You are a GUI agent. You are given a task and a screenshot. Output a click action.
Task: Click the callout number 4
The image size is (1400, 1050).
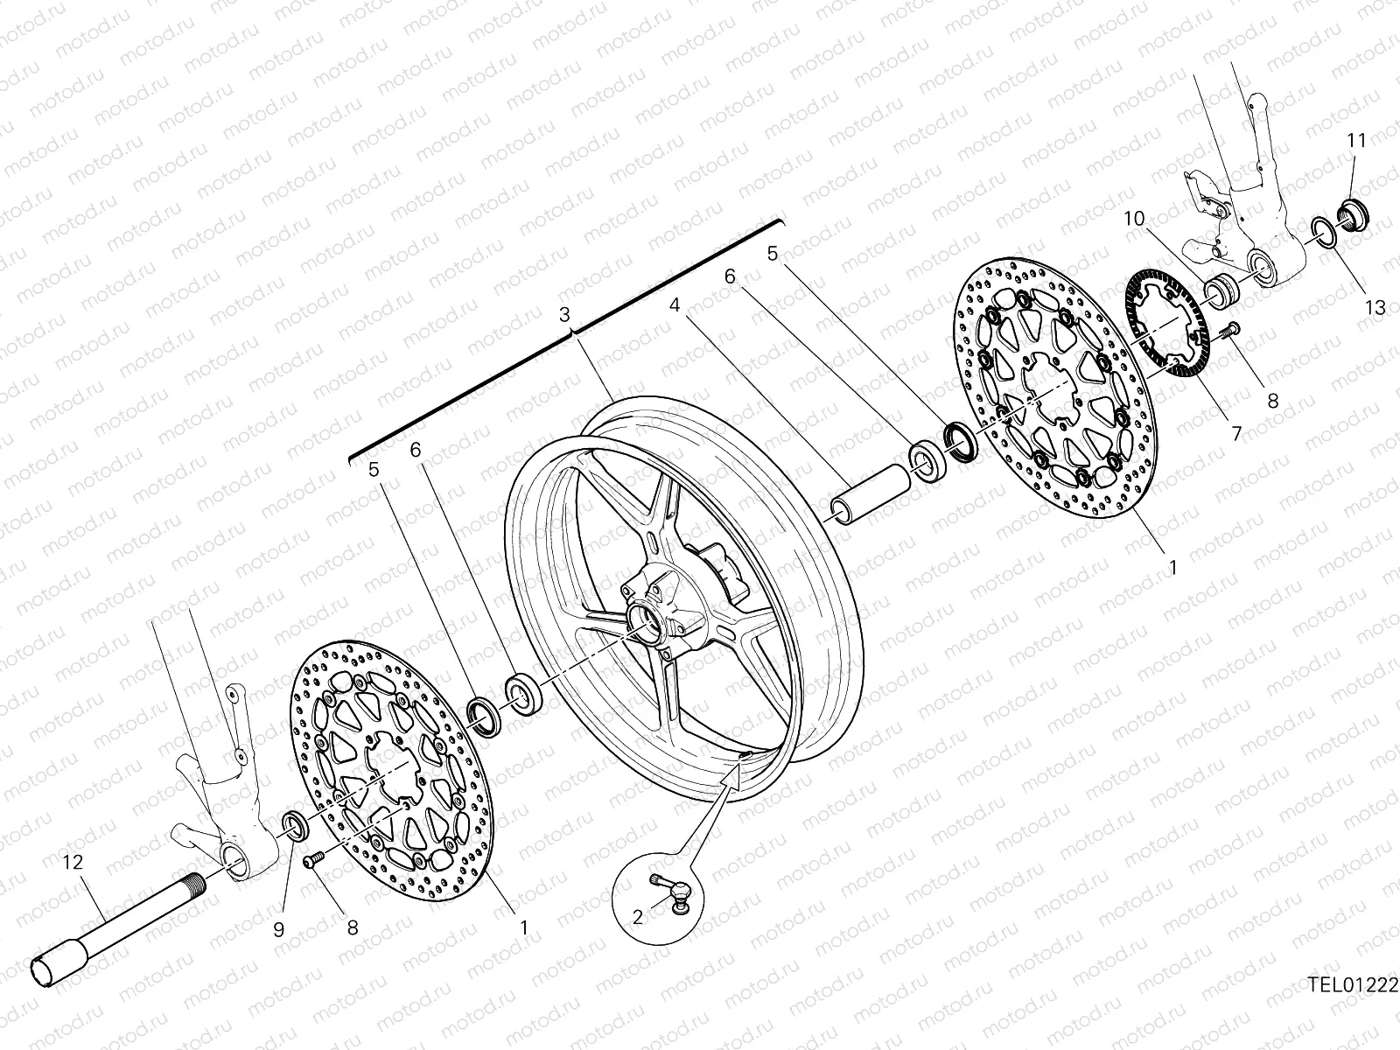pyautogui.click(x=674, y=306)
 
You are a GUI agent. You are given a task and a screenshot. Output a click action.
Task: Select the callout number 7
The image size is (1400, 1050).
pyautogui.click(x=1236, y=431)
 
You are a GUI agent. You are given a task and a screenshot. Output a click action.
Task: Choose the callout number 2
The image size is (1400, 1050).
pyautogui.click(x=638, y=916)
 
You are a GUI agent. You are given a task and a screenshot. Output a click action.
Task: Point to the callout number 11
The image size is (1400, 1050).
pyautogui.click(x=1355, y=140)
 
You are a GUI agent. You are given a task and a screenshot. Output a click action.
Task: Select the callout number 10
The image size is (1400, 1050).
pyautogui.click(x=1135, y=219)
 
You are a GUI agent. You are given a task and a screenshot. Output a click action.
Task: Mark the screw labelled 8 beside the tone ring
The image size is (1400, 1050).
pyautogui.click(x=1231, y=330)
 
